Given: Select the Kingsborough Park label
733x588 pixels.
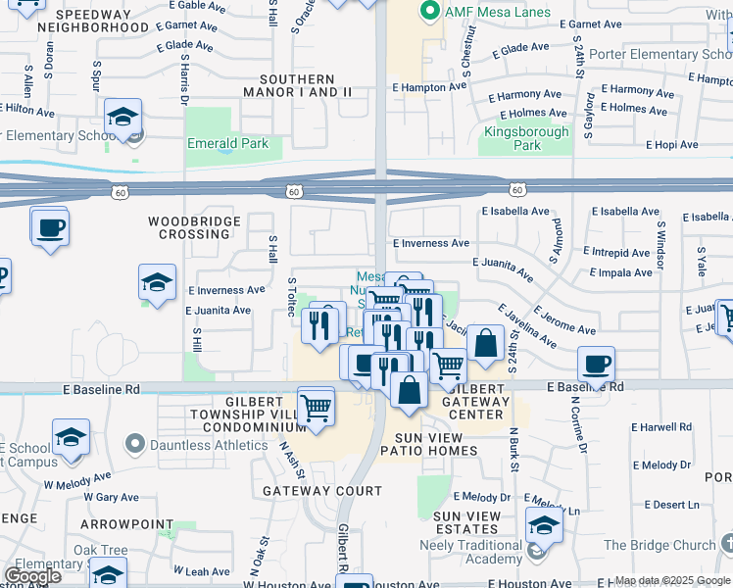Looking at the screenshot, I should pyautogui.click(x=526, y=138).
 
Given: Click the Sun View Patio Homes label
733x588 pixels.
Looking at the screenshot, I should pyautogui.click(x=436, y=444).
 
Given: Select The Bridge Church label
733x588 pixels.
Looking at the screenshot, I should pyautogui.click(x=659, y=545).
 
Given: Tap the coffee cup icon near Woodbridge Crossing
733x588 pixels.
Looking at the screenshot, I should pyautogui.click(x=48, y=228).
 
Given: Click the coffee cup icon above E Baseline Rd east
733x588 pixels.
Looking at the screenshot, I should pyautogui.click(x=596, y=365).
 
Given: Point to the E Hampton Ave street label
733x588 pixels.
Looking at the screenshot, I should pyautogui.click(x=430, y=87).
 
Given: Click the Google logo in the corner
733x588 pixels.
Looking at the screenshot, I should pyautogui.click(x=32, y=575).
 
